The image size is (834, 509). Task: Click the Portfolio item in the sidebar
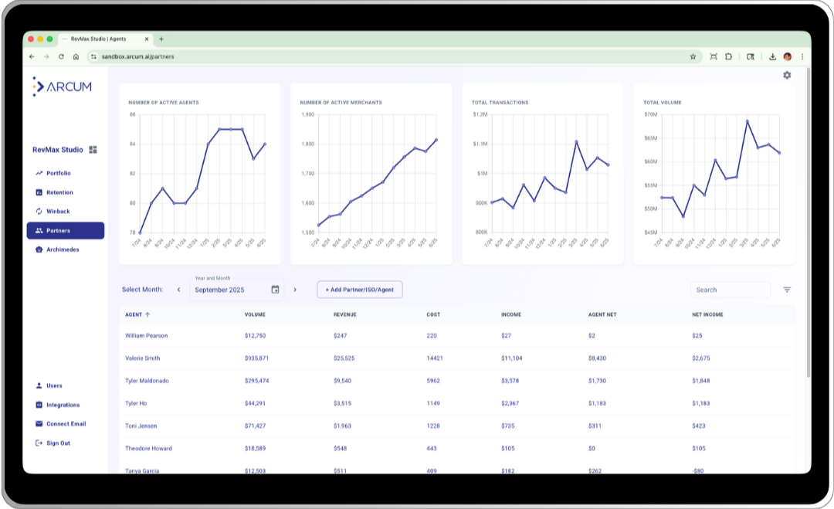[x=58, y=173]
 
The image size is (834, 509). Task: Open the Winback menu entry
[x=58, y=211]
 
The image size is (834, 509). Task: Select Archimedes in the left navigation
[x=62, y=249]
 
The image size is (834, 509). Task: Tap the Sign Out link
[x=57, y=443]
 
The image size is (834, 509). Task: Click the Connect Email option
[x=66, y=424]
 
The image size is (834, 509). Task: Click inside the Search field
[x=729, y=290]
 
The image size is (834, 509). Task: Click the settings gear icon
[x=787, y=76]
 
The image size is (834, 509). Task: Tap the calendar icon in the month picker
[x=275, y=290]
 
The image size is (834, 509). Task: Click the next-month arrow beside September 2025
[x=295, y=290]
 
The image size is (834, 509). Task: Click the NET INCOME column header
[x=707, y=315]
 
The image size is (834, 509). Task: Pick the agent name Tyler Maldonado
[x=147, y=381]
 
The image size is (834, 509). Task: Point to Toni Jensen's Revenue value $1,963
[x=342, y=426]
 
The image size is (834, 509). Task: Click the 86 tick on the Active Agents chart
[x=133, y=114]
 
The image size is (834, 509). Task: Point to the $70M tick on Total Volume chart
[x=650, y=114]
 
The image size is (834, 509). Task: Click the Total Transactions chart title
[x=500, y=102]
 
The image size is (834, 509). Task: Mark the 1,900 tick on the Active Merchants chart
[x=307, y=114]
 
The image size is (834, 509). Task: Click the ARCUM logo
[x=63, y=87]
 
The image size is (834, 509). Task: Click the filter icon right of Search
[x=787, y=290]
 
